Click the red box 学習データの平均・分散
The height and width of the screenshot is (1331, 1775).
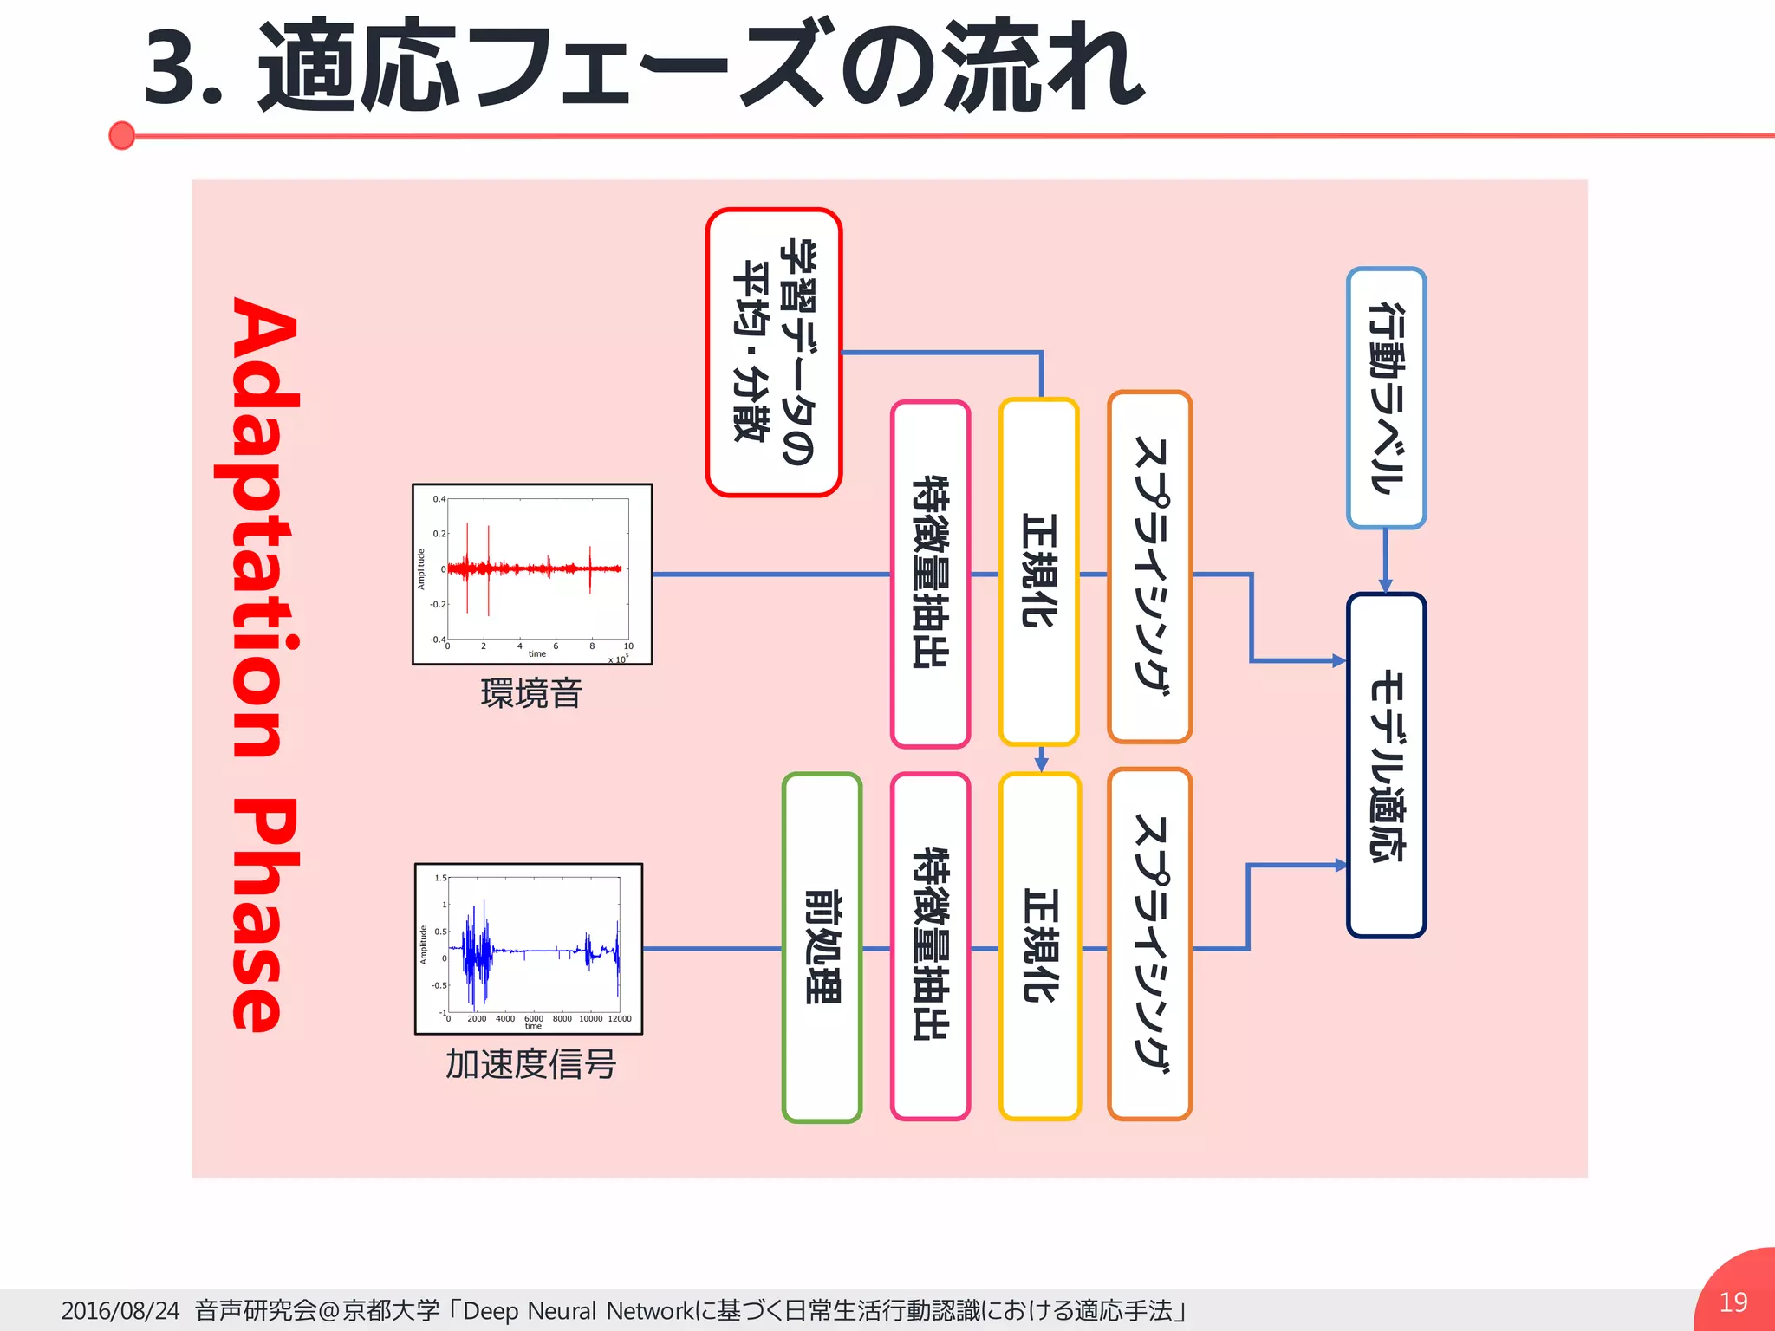[773, 352]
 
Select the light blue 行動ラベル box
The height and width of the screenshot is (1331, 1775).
[1386, 398]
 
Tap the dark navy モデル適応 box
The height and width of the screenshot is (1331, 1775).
[1386, 765]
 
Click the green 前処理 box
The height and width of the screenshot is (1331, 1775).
[822, 947]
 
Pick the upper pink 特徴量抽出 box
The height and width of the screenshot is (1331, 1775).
[930, 574]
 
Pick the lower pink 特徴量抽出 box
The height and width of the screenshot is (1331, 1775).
[930, 946]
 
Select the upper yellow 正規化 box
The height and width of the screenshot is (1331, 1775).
[1038, 572]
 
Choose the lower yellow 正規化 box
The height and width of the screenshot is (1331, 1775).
[1039, 946]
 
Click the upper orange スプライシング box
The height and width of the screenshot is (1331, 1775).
[1149, 568]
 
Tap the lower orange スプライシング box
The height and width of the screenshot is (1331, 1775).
[1149, 945]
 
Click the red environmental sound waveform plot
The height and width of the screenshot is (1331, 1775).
[532, 574]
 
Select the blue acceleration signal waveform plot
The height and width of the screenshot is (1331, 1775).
[529, 948]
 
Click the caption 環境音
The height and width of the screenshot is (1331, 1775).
[530, 693]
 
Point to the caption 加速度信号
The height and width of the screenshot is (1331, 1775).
[530, 1064]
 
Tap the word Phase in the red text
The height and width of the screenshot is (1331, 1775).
[260, 914]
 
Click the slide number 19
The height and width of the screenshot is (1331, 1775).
[1733, 1302]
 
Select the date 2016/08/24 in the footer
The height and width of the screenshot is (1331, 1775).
[120, 1310]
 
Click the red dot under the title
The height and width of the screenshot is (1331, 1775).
[122, 135]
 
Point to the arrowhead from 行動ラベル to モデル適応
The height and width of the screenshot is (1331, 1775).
[1385, 586]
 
